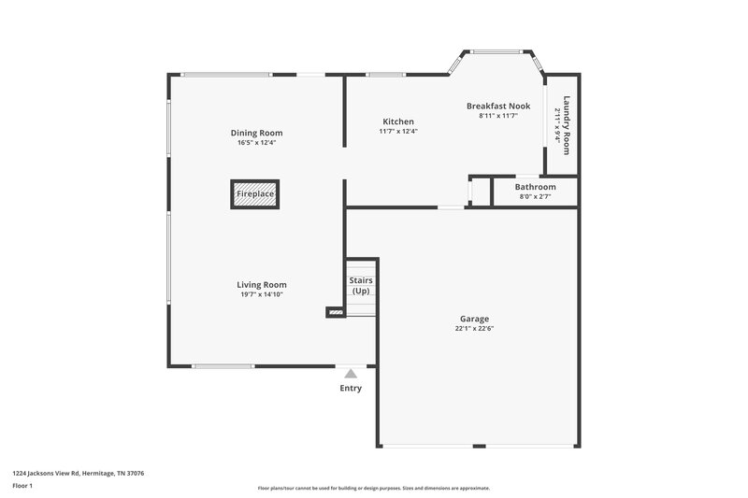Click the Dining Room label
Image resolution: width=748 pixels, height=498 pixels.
256,133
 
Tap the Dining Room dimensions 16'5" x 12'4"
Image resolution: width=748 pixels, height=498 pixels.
256,143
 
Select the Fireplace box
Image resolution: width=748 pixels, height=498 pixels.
255,194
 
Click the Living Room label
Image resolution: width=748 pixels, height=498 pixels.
261,285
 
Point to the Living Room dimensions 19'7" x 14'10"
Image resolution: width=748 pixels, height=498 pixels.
261,294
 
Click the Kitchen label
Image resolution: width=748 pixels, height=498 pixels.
398,121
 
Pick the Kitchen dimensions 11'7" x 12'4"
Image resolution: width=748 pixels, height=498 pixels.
398,132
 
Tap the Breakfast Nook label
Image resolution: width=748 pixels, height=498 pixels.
498,107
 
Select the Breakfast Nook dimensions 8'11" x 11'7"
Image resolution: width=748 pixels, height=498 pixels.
498,116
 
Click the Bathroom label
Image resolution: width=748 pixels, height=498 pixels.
535,187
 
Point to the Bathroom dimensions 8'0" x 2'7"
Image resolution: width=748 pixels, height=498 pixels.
535,196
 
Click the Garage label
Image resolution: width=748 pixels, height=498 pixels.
474,319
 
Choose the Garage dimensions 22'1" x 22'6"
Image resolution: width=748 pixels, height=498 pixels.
474,328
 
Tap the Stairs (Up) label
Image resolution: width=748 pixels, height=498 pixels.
360,285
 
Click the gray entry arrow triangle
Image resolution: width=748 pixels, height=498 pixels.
351,373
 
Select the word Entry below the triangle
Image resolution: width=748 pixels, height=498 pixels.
351,389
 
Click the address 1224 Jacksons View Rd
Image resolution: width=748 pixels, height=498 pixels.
78,473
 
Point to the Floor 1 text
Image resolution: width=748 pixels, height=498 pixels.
22,486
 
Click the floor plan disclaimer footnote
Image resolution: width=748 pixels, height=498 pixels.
373,488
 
